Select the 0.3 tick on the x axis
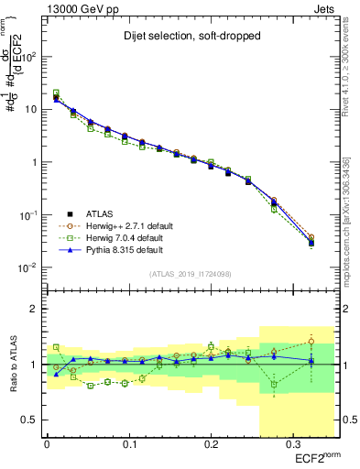(292, 444)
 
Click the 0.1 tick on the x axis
(128, 444)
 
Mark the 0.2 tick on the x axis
(211, 444)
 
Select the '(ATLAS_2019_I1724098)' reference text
(191, 273)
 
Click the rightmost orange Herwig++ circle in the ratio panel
(311, 341)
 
